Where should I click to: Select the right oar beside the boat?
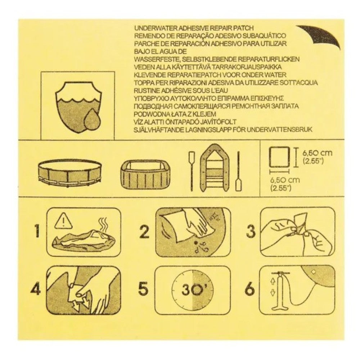click(238, 171)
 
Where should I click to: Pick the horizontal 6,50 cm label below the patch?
click(285, 184)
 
